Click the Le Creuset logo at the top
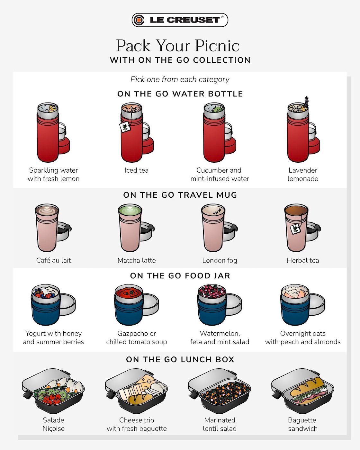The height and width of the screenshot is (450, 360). [180, 20]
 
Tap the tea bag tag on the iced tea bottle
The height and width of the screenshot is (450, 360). [125, 127]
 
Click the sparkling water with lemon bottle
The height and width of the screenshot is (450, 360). [48, 135]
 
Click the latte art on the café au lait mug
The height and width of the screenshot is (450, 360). [47, 211]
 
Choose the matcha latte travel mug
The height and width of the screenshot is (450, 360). [130, 228]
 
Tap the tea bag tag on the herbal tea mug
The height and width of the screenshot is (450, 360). [295, 229]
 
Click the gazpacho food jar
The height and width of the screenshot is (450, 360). [130, 305]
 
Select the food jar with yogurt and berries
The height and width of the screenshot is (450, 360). [47, 305]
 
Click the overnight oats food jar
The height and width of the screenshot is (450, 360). [296, 305]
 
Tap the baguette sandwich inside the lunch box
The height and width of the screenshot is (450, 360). [307, 389]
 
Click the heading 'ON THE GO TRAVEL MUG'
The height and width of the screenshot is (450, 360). [180, 195]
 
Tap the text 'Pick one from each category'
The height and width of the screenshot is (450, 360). [180, 79]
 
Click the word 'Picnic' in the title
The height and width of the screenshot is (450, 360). [217, 46]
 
